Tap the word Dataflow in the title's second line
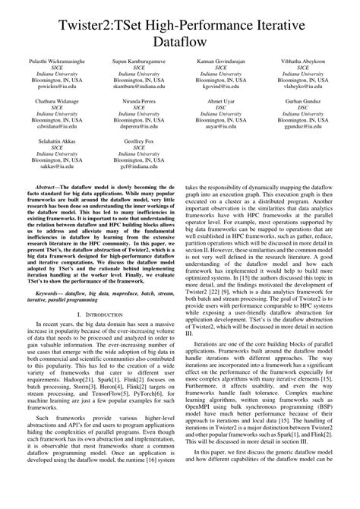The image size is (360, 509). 179,43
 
